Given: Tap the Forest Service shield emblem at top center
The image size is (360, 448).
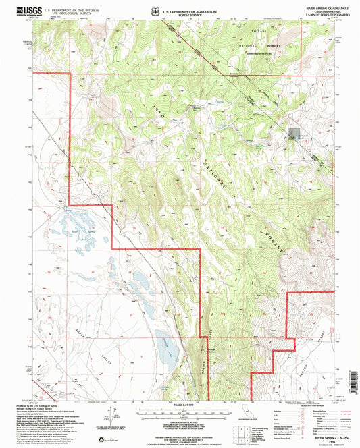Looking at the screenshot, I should [157, 11].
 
